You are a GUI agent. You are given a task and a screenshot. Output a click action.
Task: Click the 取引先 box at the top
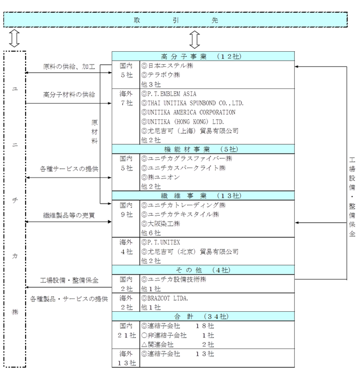(175, 19)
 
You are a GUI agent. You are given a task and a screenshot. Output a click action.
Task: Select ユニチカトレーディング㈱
(183, 205)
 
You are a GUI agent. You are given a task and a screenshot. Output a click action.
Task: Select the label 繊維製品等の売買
(69, 215)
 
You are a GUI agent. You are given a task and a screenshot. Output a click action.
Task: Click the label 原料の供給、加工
(69, 66)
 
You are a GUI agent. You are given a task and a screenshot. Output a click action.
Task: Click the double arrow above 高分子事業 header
(195, 40)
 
